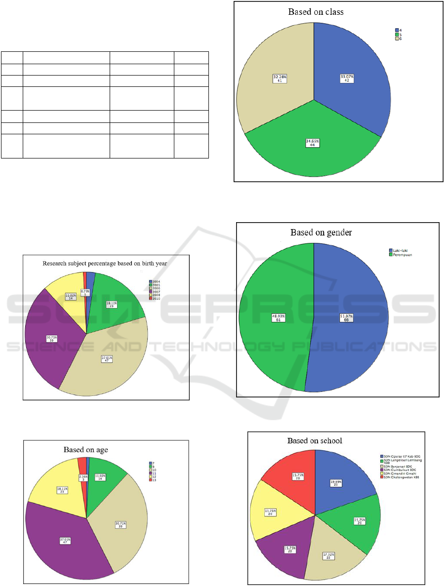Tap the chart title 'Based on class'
(x=316, y=12)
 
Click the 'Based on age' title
(x=85, y=449)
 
